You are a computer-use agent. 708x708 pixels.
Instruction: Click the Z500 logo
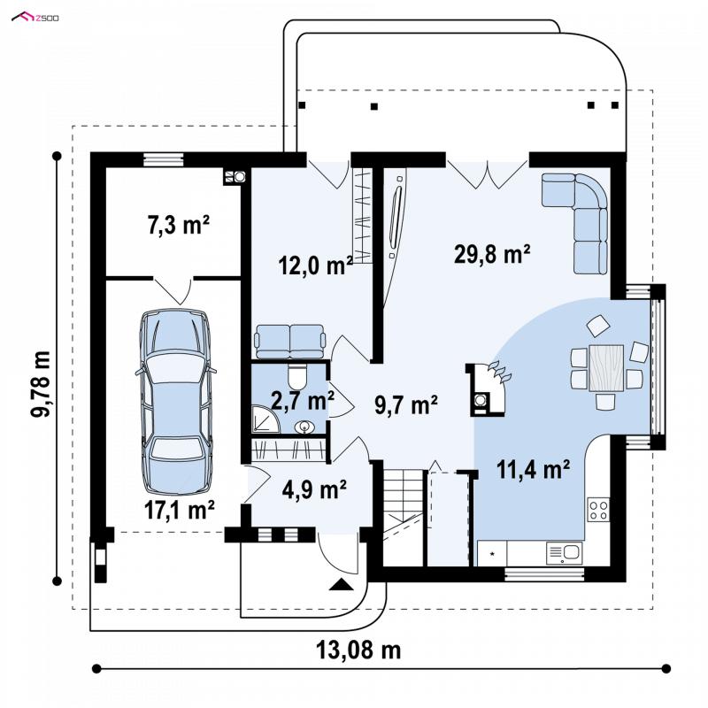click(35, 18)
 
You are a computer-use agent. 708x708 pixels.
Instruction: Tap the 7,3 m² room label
click(179, 225)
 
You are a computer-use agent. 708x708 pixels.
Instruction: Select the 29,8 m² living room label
click(492, 253)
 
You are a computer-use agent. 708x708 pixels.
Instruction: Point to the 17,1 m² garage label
click(180, 510)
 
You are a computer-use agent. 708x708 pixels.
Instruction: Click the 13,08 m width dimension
click(358, 650)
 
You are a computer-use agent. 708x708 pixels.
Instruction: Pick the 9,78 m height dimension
click(41, 384)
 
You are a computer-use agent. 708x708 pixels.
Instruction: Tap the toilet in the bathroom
click(297, 376)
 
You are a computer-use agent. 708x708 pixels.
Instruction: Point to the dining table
click(606, 367)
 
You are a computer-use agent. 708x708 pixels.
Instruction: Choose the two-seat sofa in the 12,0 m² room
click(290, 341)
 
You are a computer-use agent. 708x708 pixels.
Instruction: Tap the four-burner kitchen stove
click(598, 510)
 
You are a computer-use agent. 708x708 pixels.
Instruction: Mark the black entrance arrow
click(342, 584)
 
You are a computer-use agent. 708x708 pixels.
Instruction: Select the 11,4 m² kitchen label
click(533, 469)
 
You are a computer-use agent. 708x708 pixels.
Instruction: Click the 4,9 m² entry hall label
click(314, 489)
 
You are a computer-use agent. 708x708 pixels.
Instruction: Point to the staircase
click(404, 518)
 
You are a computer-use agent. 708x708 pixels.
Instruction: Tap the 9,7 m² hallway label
click(406, 404)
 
